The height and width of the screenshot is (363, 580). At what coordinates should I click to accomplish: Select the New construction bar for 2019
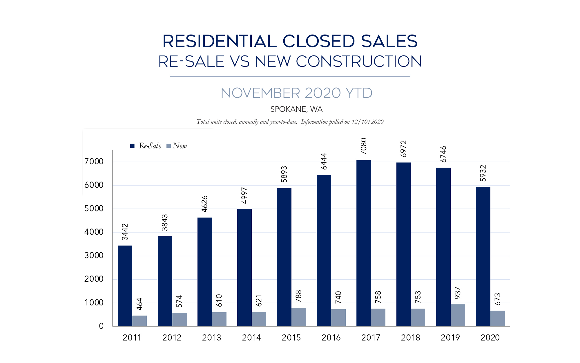tap(458, 315)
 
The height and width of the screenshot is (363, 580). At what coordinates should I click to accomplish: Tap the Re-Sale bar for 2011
tap(125, 286)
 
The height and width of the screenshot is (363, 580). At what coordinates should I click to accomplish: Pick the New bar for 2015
tap(298, 317)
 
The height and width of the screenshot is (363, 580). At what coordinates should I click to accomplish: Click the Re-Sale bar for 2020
tap(483, 257)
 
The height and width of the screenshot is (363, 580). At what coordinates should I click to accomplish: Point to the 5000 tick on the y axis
tap(94, 209)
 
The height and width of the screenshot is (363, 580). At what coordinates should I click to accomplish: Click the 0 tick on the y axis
tap(101, 326)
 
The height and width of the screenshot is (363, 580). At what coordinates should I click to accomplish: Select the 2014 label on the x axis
tap(251, 338)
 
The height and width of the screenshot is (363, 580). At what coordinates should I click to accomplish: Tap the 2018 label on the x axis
tap(410, 338)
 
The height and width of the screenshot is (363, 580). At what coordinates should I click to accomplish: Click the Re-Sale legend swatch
tap(132, 146)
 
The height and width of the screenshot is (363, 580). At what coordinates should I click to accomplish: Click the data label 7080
tap(364, 146)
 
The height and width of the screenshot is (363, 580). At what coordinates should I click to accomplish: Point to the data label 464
tap(139, 304)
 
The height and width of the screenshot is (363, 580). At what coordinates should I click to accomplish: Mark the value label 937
tap(458, 293)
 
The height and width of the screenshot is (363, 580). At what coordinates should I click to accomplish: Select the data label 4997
tap(244, 195)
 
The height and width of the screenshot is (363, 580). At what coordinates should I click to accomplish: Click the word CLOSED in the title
tap(318, 41)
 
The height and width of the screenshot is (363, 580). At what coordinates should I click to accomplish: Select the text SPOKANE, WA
tap(296, 109)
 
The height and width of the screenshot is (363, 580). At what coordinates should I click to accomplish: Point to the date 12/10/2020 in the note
tap(367, 122)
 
